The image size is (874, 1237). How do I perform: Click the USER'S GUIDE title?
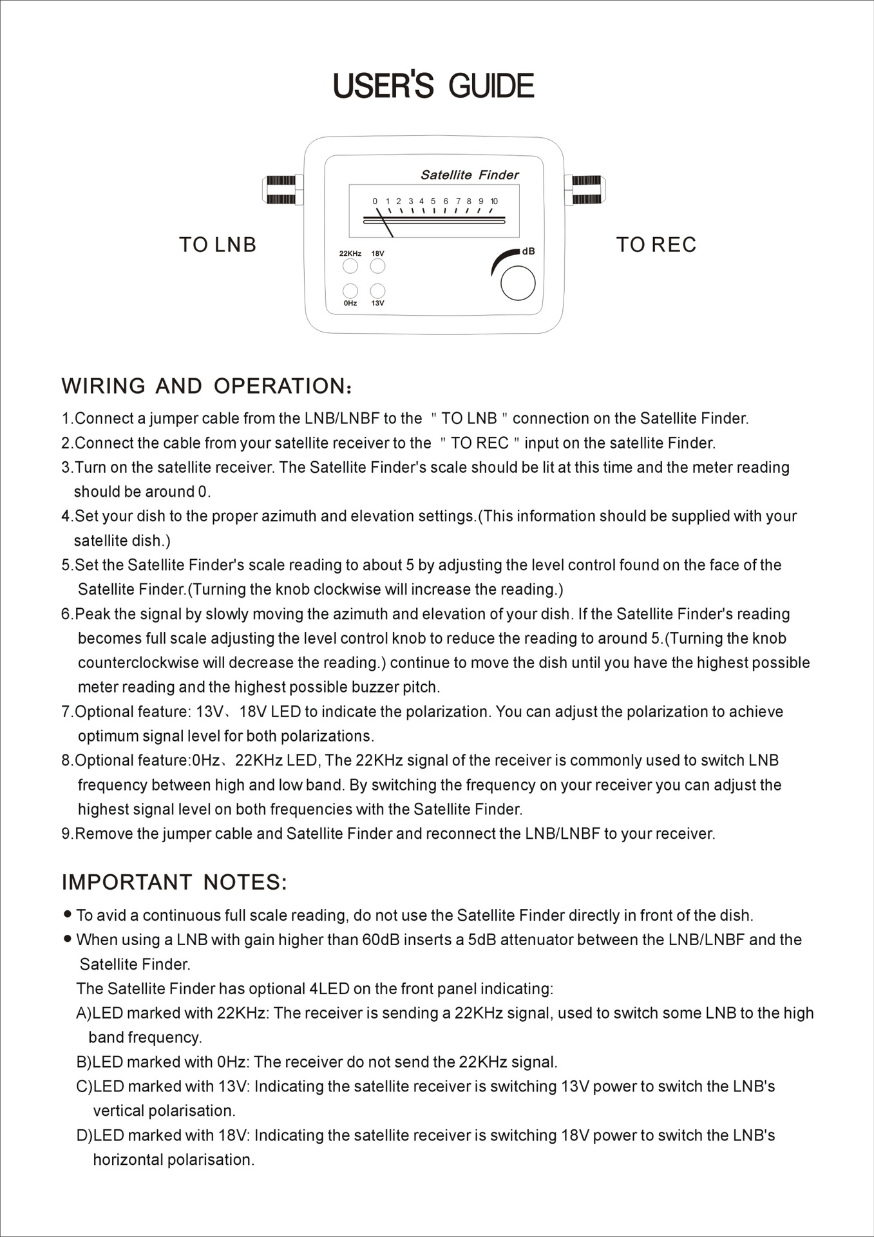tap(433, 86)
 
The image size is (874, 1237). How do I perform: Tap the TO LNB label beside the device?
tap(218, 245)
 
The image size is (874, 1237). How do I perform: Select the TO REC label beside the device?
tap(656, 245)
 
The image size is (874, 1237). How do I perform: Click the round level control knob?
tap(518, 283)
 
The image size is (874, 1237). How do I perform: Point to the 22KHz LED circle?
tap(350, 265)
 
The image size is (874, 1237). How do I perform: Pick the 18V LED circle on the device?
tap(377, 265)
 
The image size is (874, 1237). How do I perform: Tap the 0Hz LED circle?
tap(350, 291)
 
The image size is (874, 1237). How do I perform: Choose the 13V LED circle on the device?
tap(377, 291)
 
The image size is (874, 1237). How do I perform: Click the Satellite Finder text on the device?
tap(470, 175)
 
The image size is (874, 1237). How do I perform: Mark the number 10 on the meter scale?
tap(494, 202)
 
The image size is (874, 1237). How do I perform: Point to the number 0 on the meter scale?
tap(375, 202)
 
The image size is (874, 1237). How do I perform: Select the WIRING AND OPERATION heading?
tap(206, 387)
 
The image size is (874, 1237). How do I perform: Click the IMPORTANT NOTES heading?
tap(174, 883)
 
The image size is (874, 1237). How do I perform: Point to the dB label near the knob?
tap(528, 251)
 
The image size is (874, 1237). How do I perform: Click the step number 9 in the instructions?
tap(66, 834)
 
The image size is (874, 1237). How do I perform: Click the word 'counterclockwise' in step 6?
tap(138, 663)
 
